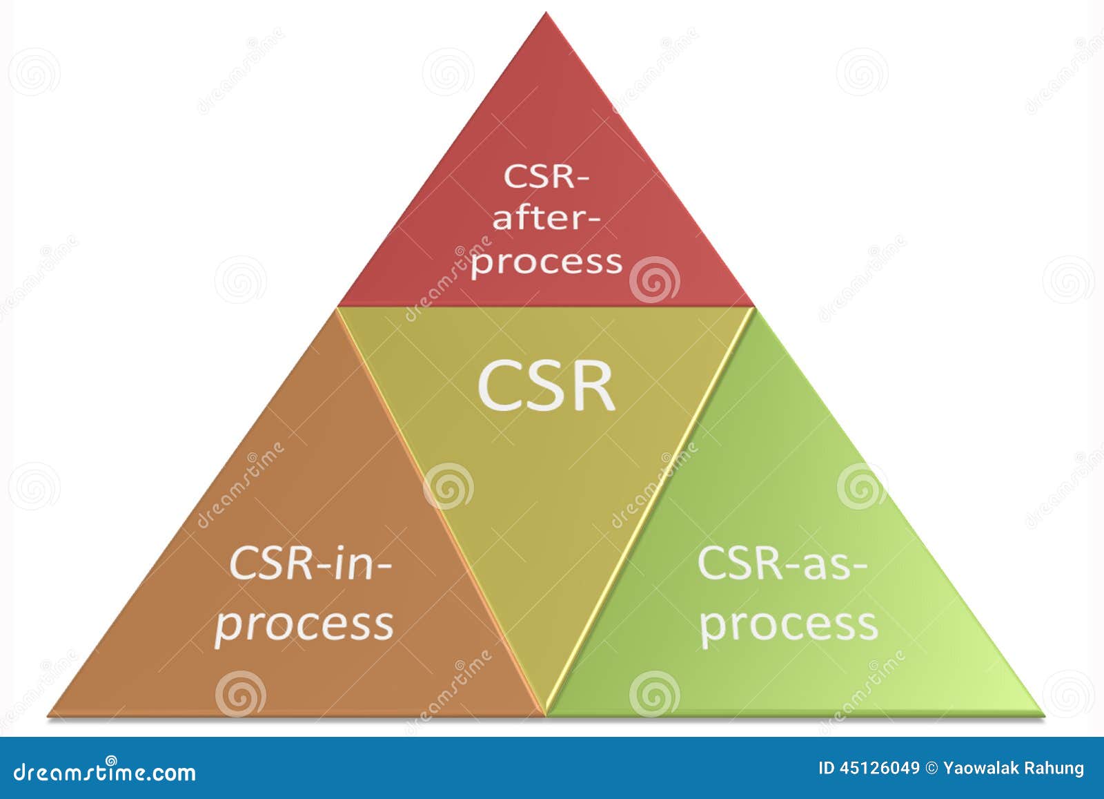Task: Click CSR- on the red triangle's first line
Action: point(546,176)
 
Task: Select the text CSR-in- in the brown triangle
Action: point(310,563)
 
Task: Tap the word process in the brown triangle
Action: point(304,624)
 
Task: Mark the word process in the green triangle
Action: point(789,624)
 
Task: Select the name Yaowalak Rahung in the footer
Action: point(1014,768)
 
